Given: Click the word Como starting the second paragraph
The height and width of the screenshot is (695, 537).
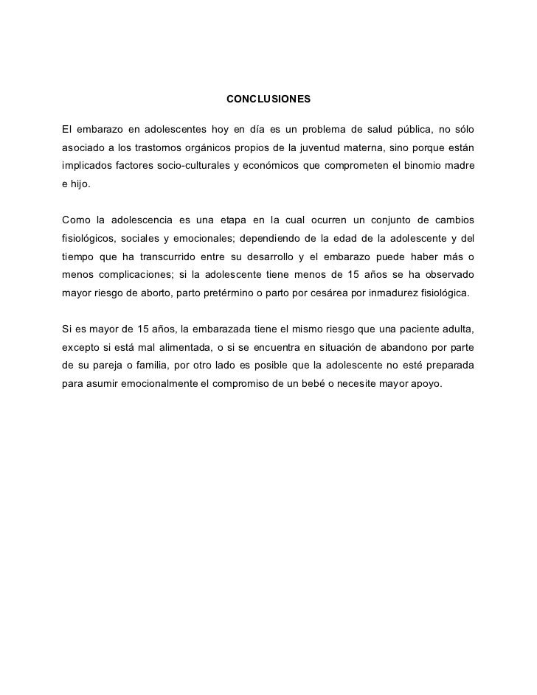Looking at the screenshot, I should pyautogui.click(x=75, y=220).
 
